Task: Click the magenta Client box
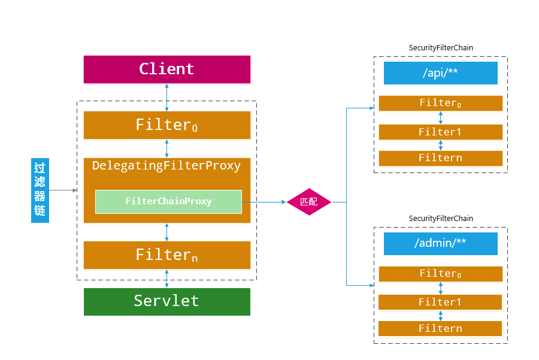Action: (x=166, y=69)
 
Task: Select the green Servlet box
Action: (x=166, y=301)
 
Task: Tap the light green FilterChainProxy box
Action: (x=168, y=201)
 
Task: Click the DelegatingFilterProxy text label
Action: (x=166, y=166)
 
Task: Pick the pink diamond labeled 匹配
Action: (x=308, y=202)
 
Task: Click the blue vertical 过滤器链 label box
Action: (x=40, y=190)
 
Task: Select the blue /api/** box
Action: (x=440, y=73)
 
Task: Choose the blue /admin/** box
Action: (x=440, y=244)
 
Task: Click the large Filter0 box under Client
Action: (x=166, y=125)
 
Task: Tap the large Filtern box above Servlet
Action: (x=166, y=255)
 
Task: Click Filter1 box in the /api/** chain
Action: (x=440, y=132)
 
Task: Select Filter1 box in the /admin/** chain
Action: (x=440, y=302)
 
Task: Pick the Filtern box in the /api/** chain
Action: (x=440, y=158)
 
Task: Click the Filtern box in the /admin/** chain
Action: (x=440, y=328)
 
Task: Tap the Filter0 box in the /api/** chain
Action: (x=440, y=103)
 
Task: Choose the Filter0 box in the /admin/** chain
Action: (x=440, y=274)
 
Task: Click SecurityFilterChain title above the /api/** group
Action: (x=440, y=48)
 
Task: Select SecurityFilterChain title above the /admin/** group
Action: (x=440, y=219)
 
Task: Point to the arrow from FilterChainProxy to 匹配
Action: (x=264, y=202)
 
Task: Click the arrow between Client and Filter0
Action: (x=166, y=97)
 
